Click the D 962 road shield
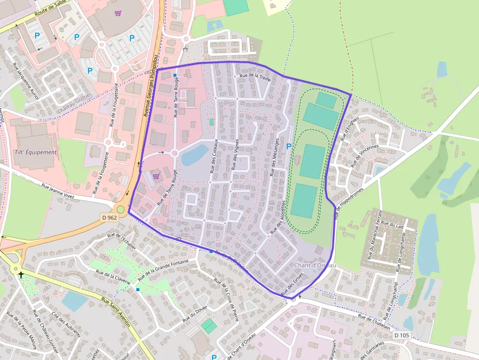coord(110,217)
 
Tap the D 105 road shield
coord(402,335)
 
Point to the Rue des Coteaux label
coord(214,156)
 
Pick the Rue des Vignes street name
coord(236,154)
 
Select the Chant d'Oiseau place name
coord(315,265)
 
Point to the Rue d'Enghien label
coord(349,129)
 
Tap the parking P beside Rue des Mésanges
coord(288,146)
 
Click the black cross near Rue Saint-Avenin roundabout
coord(21,275)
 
